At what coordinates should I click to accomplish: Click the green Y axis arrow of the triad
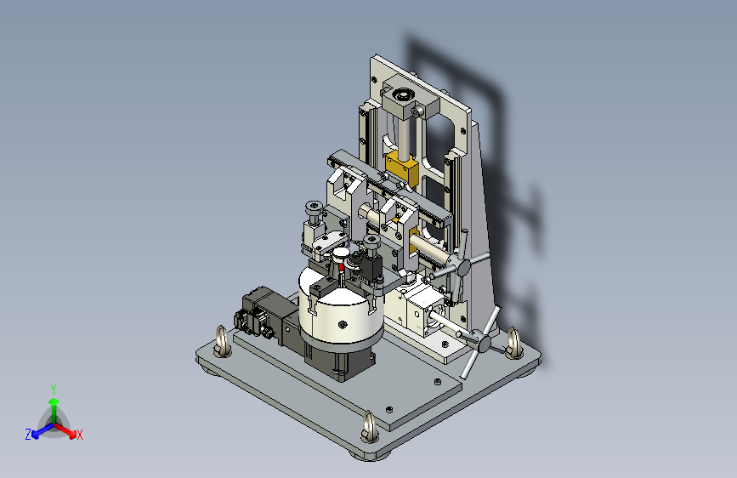[x=54, y=409]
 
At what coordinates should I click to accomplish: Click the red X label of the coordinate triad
[x=79, y=435]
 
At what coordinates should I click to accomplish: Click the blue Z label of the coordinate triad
[x=28, y=435]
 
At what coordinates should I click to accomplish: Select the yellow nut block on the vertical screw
[x=401, y=169]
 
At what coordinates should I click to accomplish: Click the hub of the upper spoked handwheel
[x=463, y=268]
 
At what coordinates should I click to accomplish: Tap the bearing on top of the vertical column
[x=402, y=96]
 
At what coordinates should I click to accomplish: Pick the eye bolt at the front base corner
[x=370, y=428]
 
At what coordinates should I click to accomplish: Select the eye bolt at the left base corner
[x=222, y=341]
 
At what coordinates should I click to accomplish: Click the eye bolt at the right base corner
[x=513, y=344]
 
